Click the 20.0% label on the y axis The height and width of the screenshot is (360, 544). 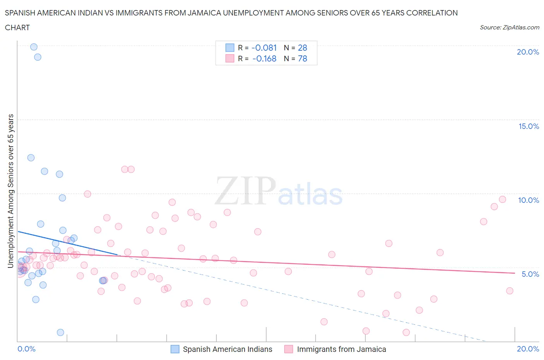[528, 52]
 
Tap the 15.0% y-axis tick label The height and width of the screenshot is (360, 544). [529, 126]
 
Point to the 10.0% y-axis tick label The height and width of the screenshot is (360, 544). [529, 200]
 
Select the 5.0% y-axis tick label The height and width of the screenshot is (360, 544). [530, 274]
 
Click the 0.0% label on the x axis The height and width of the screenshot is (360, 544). [26, 349]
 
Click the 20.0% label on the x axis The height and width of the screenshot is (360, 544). [528, 349]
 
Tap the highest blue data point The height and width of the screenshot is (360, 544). [34, 47]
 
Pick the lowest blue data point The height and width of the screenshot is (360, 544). [60, 333]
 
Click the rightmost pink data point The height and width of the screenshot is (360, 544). [510, 291]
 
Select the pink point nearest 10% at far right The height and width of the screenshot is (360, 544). [502, 199]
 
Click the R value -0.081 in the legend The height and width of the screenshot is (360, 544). [264, 48]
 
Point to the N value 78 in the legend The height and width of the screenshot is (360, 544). [303, 59]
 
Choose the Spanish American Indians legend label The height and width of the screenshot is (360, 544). [228, 349]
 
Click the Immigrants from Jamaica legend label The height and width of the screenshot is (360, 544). [341, 349]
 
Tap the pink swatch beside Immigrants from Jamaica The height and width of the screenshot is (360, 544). [289, 349]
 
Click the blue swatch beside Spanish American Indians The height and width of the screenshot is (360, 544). [175, 349]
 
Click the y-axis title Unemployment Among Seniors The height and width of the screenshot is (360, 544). [10, 191]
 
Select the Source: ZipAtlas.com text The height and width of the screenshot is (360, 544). [509, 27]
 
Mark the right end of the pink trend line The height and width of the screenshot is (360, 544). [515, 273]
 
